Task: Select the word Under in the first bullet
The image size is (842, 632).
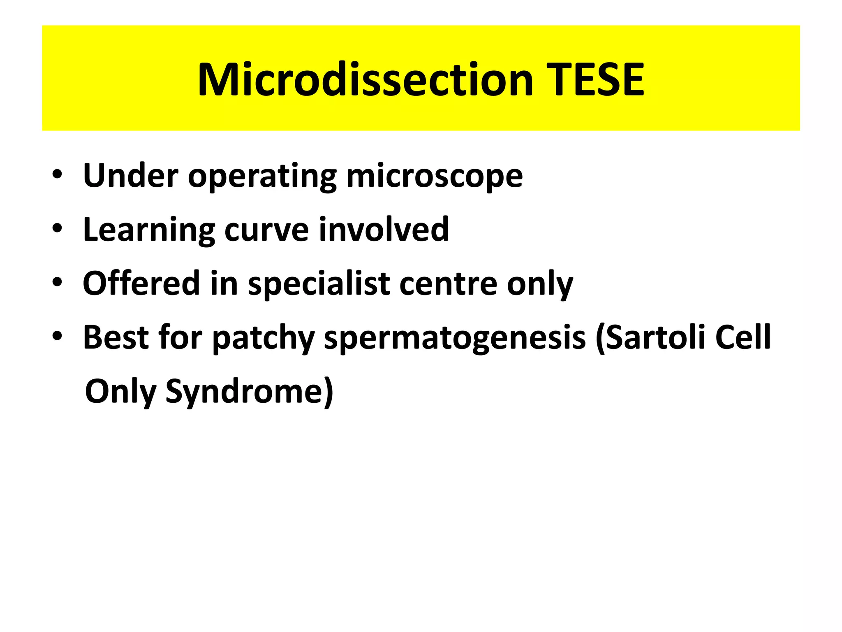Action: [131, 176]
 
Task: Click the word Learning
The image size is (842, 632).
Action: [149, 230]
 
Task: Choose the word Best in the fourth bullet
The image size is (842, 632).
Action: [116, 337]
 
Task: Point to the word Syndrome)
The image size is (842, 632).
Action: [249, 392]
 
